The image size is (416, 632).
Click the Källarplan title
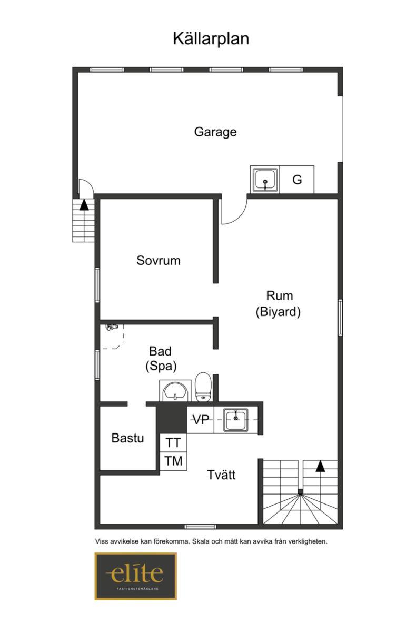(x=211, y=39)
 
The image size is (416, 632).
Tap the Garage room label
(x=215, y=132)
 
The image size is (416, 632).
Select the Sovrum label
(x=158, y=260)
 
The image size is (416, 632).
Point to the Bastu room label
(x=127, y=438)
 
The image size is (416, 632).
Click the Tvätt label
(x=221, y=475)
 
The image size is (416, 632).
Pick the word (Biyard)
(x=278, y=312)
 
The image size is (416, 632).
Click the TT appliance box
(x=173, y=443)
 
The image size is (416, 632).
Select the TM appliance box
(x=173, y=461)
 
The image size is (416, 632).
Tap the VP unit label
(x=201, y=420)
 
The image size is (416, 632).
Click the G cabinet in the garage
(x=296, y=180)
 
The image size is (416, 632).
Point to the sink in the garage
(x=265, y=180)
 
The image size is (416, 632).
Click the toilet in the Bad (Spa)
(x=203, y=387)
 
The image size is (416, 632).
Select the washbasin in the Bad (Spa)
(x=175, y=391)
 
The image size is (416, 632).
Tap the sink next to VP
(x=236, y=420)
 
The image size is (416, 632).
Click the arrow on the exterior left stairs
(x=84, y=204)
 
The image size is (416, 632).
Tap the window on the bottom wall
(x=200, y=527)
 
